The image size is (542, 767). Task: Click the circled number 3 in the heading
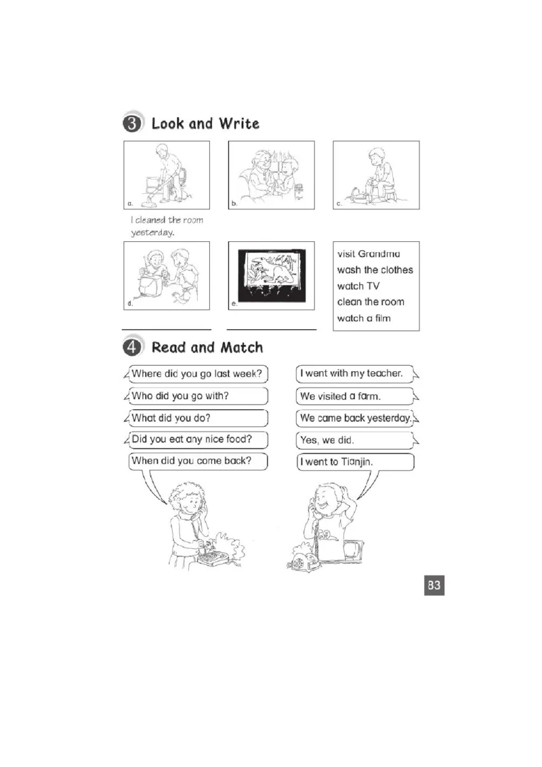coord(132,123)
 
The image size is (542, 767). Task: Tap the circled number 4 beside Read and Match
coord(132,348)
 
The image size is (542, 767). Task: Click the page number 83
coord(434,585)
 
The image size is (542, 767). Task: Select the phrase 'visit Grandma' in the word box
coord(369,254)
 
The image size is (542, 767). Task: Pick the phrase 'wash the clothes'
coord(375,270)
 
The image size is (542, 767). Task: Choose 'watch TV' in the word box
coord(358,286)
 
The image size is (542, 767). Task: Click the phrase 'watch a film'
coord(364,318)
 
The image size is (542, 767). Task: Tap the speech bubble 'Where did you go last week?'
coord(196,374)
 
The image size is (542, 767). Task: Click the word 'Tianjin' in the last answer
coord(356,462)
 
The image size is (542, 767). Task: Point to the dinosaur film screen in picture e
coord(272,270)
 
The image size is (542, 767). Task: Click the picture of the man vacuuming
coord(167,175)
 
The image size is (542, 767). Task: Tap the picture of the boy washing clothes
coord(376,175)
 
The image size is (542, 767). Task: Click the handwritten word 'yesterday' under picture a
coord(152,233)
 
